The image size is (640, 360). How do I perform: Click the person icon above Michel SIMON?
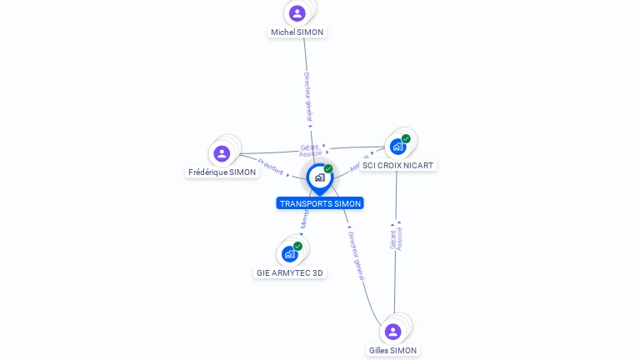[x=297, y=13]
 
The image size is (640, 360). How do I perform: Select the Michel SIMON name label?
[x=297, y=32]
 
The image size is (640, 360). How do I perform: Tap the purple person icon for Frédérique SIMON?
[x=222, y=153]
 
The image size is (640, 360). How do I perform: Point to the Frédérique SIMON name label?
[x=222, y=172]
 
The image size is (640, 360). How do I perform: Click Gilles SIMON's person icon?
[x=393, y=332]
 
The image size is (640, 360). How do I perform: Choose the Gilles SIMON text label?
[x=393, y=351]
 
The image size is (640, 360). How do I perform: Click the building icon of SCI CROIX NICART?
[x=397, y=147]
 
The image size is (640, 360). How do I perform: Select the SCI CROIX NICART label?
[x=397, y=166]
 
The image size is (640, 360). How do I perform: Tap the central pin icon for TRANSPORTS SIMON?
[x=319, y=177]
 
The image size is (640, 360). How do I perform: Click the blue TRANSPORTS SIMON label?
[x=320, y=203]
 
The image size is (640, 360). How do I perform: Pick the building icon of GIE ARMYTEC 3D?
[x=289, y=253]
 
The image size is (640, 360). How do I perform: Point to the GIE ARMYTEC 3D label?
[x=290, y=272]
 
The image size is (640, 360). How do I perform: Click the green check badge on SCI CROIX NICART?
[x=406, y=138]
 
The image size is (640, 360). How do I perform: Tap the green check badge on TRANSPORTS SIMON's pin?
[x=328, y=168]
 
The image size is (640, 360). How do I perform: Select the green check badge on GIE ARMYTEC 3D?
[x=297, y=246]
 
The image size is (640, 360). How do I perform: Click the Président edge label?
[x=271, y=167]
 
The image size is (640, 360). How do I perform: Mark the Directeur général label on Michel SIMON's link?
[x=307, y=97]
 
